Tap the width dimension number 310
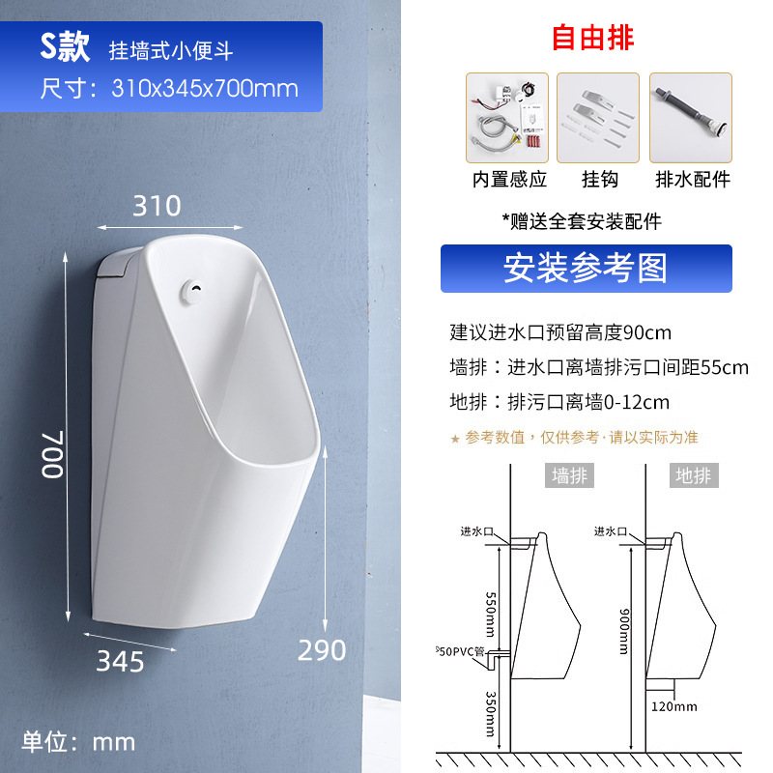(x=157, y=206)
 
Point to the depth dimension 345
(x=121, y=662)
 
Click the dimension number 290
(x=322, y=650)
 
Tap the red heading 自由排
(x=593, y=38)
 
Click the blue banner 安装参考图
(x=586, y=269)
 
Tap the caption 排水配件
(x=693, y=179)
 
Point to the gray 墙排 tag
(x=569, y=475)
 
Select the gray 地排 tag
(x=693, y=475)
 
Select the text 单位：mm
(x=79, y=742)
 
